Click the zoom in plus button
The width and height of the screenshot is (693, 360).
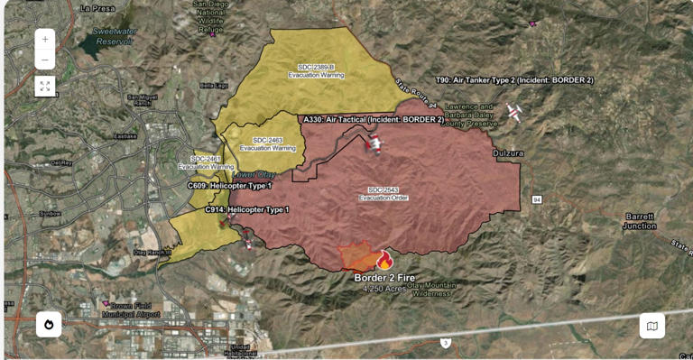[45, 40]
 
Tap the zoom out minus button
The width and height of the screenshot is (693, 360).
[45, 61]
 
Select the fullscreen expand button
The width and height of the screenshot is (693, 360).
[45, 87]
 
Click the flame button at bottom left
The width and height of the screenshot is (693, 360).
[49, 325]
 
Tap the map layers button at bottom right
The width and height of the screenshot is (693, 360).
[651, 326]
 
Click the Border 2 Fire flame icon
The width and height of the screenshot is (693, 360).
[385, 260]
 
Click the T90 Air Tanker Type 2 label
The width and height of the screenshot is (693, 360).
[514, 80]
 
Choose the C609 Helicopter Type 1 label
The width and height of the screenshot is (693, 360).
[229, 185]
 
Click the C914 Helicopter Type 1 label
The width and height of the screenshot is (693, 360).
[246, 209]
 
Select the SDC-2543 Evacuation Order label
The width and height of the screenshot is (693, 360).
[383, 193]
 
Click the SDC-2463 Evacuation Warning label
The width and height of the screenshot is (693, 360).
[267, 143]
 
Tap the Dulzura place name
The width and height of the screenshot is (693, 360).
[508, 153]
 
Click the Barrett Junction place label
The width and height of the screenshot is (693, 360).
[640, 221]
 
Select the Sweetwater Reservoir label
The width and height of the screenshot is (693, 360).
[114, 36]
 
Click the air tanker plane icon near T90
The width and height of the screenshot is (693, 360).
[514, 112]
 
